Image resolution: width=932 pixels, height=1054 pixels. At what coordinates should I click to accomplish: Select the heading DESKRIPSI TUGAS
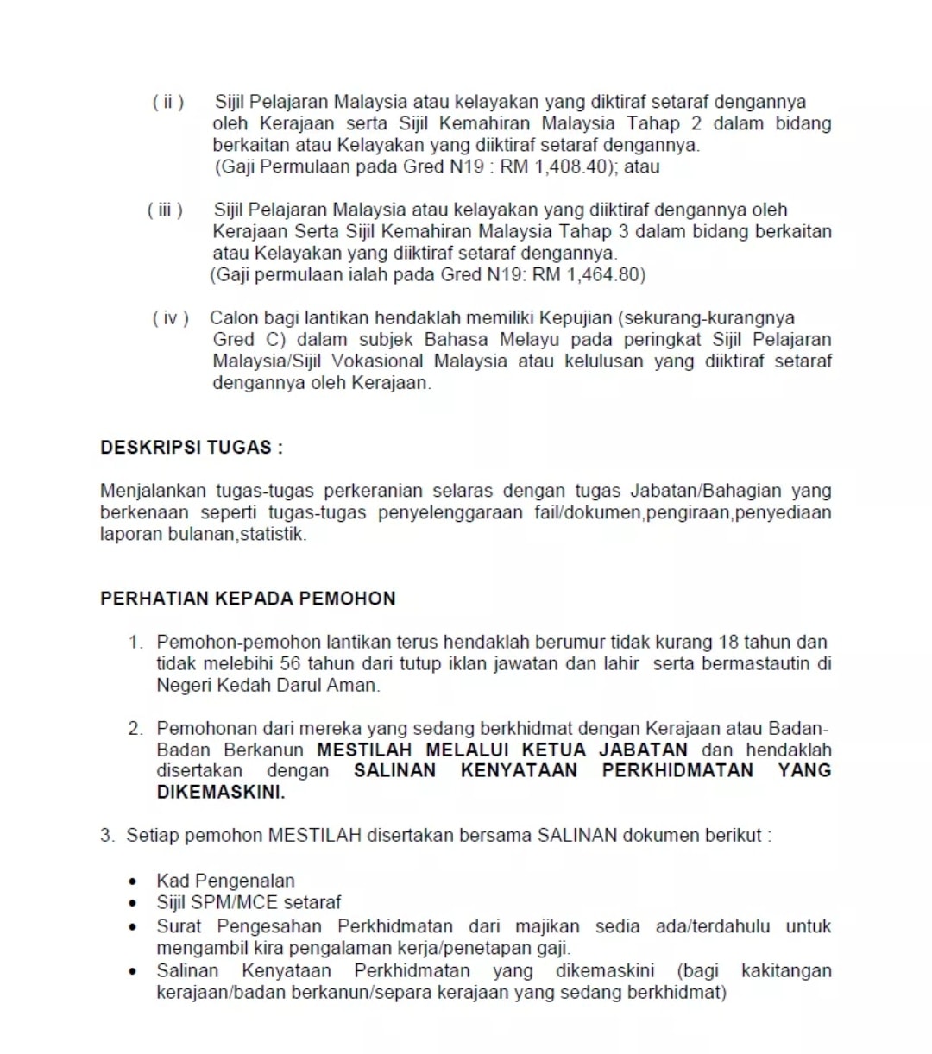pos(191,448)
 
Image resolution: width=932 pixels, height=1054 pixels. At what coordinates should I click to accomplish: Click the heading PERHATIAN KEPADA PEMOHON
pos(248,599)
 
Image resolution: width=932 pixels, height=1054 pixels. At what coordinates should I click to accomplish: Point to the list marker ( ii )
pos(168,102)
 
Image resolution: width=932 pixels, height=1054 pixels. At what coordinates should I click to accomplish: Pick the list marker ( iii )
pos(166,210)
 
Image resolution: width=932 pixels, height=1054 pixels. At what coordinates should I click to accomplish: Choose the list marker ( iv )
pos(170,318)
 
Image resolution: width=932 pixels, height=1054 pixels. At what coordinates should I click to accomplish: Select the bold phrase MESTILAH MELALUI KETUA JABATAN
pos(502,750)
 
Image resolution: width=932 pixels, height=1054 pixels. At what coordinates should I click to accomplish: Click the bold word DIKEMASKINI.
pos(220,792)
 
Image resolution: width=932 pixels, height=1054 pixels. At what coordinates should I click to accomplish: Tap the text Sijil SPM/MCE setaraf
pos(249,902)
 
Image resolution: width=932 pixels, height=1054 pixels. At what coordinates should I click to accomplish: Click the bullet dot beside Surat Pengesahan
pos(132,927)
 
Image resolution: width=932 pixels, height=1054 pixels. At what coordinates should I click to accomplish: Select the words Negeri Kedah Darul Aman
pos(268,685)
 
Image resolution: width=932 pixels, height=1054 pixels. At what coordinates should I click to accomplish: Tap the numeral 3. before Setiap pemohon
pos(106,835)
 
